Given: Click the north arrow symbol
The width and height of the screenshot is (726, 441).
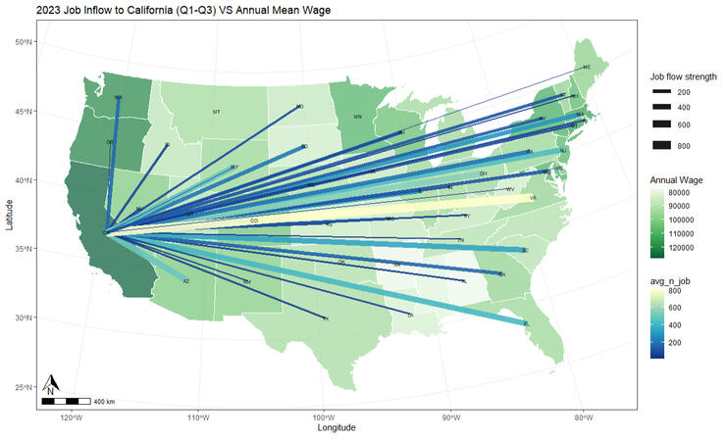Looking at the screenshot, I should tap(53, 385).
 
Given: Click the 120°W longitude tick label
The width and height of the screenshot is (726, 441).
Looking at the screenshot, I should tap(70, 417).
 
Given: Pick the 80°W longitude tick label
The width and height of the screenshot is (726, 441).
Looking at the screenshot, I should tap(582, 417).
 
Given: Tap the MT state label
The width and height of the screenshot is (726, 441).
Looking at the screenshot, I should tap(217, 112).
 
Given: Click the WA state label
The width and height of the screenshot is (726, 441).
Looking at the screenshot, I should tap(118, 97).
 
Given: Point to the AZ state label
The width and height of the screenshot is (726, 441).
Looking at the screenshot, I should tap(186, 281).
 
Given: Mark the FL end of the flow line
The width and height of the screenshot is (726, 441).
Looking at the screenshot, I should tap(526, 322).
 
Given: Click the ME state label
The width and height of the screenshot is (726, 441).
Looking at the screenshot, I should tap(587, 67).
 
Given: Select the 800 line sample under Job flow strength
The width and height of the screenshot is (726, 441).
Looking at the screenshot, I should tap(658, 145).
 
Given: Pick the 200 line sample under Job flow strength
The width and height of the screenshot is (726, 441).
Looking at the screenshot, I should tap(658, 91).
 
